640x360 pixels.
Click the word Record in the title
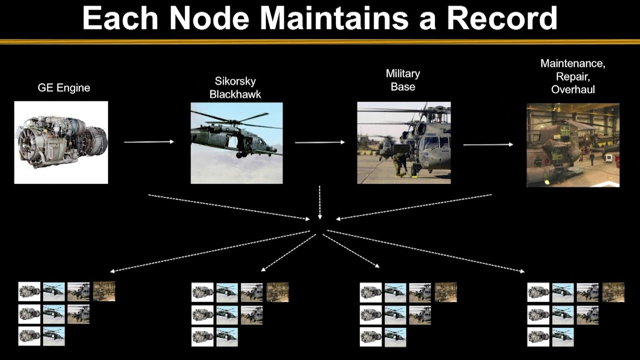pos(502,18)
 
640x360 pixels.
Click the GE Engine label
pos(63,87)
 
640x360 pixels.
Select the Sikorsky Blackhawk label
pos(235,87)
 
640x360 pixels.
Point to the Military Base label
pos(403,80)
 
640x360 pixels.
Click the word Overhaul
pos(573,89)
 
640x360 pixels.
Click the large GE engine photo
pos(61,142)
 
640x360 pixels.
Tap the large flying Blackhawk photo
pos(237,143)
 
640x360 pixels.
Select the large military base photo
pos(404,143)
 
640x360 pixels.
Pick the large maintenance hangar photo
pos(573,145)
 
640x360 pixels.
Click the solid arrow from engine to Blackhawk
pos(149,141)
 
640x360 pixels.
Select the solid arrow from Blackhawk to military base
pos(320,142)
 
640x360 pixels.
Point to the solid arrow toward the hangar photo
pos(488,144)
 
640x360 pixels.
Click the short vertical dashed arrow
pos(319,202)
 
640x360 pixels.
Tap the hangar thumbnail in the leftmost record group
pos(104,291)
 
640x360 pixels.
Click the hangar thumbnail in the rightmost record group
pos(613,292)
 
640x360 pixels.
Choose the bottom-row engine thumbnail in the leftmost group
pos(29,336)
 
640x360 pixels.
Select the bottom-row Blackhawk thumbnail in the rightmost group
pos(563,337)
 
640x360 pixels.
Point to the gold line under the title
pos(320,42)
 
